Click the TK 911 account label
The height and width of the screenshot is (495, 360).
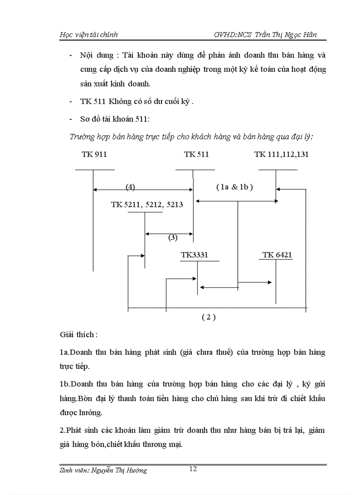pos(94,155)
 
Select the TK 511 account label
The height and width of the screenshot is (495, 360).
pos(196,155)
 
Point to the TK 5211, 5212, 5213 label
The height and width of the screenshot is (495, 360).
pos(147,205)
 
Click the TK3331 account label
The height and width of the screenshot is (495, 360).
pos(194,255)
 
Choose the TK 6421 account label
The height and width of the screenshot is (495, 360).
pos(277,255)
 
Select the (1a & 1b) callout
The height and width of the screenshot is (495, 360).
pos(234,187)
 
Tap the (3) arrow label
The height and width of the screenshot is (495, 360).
pos(172,238)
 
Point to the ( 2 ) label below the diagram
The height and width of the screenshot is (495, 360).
pos(208,317)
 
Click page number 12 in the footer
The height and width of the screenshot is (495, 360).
pos(193,469)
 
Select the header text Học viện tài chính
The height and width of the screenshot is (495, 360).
pos(89,34)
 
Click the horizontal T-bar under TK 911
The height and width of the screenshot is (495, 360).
pos(94,170)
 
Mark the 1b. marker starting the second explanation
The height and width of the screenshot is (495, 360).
pos(65,384)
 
